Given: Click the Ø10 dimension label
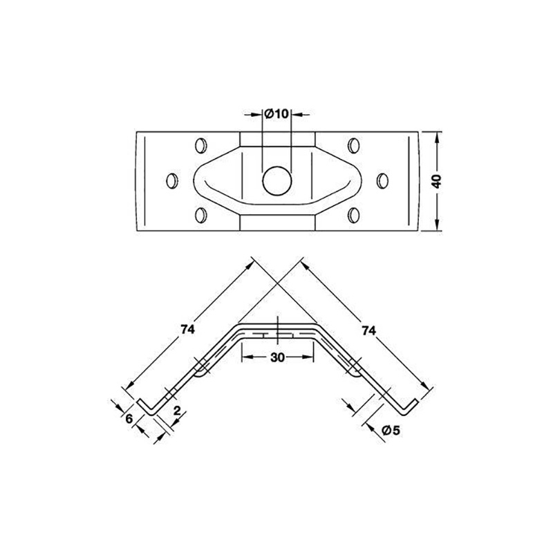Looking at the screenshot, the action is click(x=277, y=114).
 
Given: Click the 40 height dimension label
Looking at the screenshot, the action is click(x=437, y=181).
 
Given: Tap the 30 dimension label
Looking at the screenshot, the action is click(x=278, y=357).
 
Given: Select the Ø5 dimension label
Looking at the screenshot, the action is click(x=391, y=430).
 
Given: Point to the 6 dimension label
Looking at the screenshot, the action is click(x=129, y=419).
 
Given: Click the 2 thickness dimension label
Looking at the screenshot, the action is click(x=177, y=411).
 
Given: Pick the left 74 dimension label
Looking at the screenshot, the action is click(x=187, y=330).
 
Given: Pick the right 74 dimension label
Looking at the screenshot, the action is click(x=368, y=330).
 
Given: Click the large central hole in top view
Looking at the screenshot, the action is click(x=277, y=181).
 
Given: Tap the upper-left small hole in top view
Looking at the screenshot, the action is click(x=200, y=145).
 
